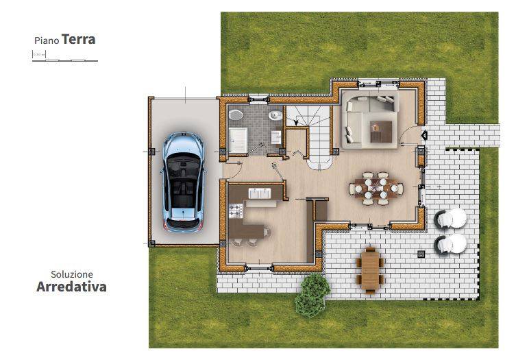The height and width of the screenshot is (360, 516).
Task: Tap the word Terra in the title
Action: coord(78,39)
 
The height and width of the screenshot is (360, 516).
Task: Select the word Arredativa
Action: coord(71,287)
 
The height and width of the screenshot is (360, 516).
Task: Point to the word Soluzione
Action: coord(71,273)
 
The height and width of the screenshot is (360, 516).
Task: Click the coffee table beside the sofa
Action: coord(380,129)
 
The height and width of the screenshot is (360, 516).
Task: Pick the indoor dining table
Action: coord(376,187)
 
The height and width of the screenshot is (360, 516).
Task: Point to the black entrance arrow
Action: coord(424,136)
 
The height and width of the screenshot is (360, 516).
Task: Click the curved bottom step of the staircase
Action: coord(319,163)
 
